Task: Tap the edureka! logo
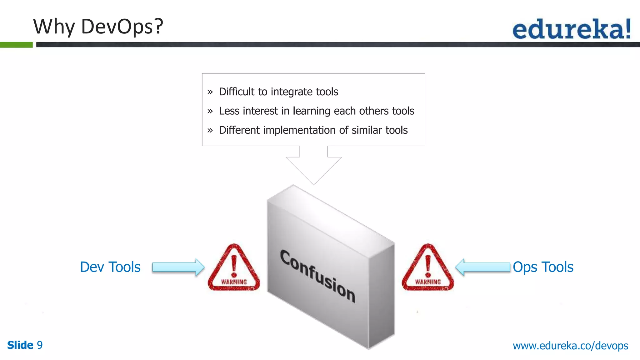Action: [x=572, y=29]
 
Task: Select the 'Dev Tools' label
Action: [x=110, y=267]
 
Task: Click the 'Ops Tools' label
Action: [x=543, y=267]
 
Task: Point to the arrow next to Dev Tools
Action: [x=178, y=267]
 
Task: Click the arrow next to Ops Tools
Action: [x=482, y=267]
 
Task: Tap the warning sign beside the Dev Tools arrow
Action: [x=234, y=268]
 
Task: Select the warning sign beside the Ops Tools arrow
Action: [x=428, y=268]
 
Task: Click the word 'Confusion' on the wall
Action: [x=317, y=276]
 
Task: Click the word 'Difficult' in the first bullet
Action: [x=237, y=92]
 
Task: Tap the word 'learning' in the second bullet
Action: [x=312, y=111]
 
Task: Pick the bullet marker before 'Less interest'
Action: [x=210, y=111]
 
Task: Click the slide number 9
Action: [x=40, y=345]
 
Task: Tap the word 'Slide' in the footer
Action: [x=20, y=345]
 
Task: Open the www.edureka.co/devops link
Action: [x=570, y=346]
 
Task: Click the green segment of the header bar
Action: [x=16, y=45]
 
